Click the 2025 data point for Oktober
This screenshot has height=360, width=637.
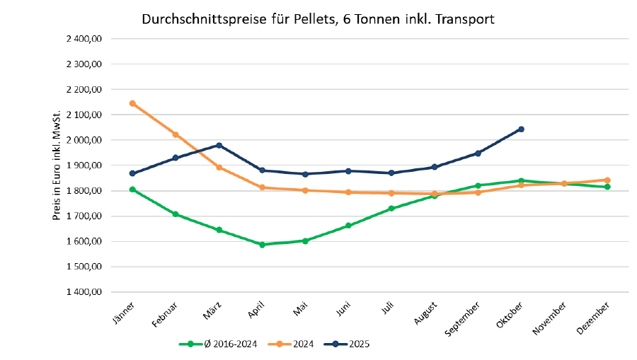tap(521, 129)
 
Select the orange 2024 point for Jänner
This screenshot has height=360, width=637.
tap(132, 103)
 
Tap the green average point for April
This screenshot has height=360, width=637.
tap(262, 245)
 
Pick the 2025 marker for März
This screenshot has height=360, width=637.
tap(219, 146)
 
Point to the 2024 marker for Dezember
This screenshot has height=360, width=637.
tap(607, 180)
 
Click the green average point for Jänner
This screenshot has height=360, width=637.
tap(132, 190)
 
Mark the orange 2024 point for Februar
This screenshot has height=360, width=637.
tap(176, 134)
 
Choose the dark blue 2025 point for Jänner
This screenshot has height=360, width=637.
tap(132, 173)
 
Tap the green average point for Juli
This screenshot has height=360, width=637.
tap(391, 209)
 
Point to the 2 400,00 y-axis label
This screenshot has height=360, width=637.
tap(85, 39)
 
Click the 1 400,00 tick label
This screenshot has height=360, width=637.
tap(85, 292)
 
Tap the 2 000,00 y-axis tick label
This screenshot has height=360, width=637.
tap(85, 140)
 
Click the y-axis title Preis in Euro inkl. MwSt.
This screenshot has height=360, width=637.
tap(56, 166)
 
